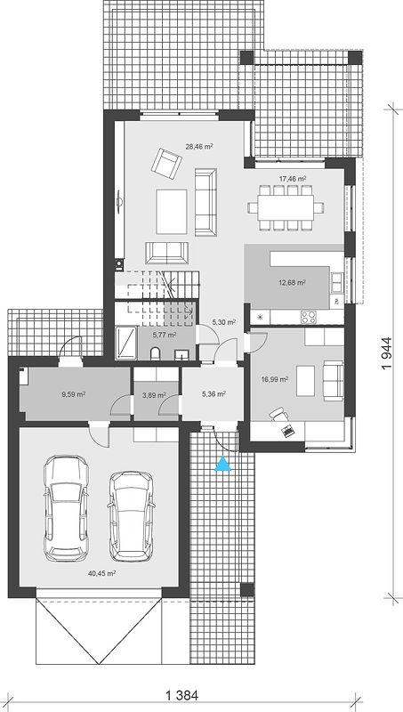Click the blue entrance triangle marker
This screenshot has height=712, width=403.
222,464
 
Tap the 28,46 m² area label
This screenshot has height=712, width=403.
199,146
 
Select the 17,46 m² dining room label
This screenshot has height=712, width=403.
293,179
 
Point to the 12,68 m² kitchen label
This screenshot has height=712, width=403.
292,282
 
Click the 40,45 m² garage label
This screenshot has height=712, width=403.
101,573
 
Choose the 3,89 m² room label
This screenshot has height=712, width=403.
154,395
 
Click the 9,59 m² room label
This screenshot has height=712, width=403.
74,394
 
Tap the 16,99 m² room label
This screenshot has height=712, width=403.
275,379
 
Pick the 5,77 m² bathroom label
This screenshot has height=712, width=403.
165,335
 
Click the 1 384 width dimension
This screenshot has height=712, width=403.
181,695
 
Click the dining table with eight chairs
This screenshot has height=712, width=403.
286,208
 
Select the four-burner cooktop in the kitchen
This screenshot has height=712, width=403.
309,317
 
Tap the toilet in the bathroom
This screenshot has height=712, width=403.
155,352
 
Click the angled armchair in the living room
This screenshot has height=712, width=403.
166,161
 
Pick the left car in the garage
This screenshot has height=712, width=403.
66,508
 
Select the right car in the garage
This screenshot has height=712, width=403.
131,516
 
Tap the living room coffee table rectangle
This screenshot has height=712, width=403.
172,212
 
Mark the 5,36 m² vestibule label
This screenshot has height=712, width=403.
214,394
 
